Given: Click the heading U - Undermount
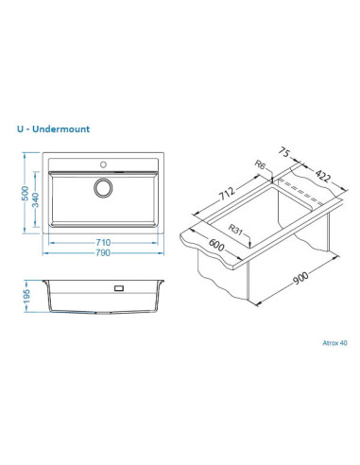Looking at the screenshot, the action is pyautogui.click(x=53, y=129).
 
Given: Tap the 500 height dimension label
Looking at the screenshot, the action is pyautogui.click(x=25, y=194).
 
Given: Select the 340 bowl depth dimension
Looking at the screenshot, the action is pyautogui.click(x=36, y=199).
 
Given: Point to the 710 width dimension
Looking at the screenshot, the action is pyautogui.click(x=103, y=242).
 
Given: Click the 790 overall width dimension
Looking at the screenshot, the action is pyautogui.click(x=103, y=252).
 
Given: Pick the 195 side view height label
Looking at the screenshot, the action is pyautogui.click(x=26, y=297).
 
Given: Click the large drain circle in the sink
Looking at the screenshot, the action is pyautogui.click(x=103, y=188).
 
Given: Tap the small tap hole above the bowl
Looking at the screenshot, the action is pyautogui.click(x=103, y=164).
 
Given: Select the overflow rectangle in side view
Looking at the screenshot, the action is pyautogui.click(x=119, y=288).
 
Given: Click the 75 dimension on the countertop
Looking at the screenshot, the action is pyautogui.click(x=284, y=153).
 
